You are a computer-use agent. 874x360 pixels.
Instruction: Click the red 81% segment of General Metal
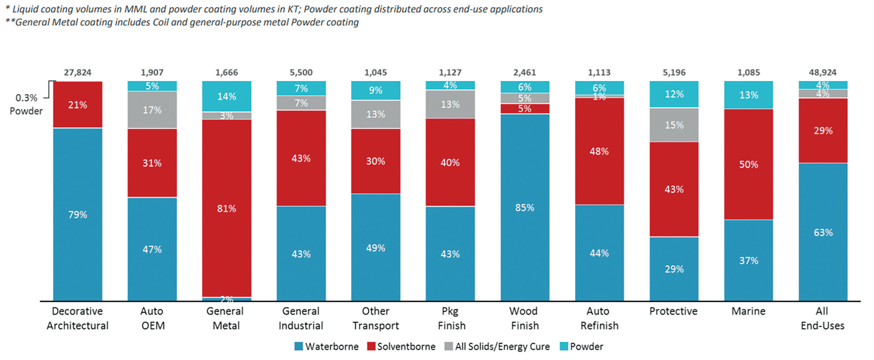pos(227,208)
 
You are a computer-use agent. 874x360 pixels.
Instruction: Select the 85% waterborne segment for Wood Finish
pos(524,207)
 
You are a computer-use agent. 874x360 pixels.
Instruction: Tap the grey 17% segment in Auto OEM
pos(152,110)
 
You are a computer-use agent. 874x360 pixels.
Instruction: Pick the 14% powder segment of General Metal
pos(227,96)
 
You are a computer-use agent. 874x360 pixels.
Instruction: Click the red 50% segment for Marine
pos(748,164)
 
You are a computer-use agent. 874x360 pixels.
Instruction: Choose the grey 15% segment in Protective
pos(674,125)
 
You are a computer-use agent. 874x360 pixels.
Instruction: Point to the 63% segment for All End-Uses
pos(823,232)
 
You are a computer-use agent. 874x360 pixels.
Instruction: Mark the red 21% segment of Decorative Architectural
pos(77,104)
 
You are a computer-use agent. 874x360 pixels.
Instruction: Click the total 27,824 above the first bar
pos(77,72)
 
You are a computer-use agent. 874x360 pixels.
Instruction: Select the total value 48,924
pos(822,72)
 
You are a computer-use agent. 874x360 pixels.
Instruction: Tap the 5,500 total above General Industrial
pos(301,72)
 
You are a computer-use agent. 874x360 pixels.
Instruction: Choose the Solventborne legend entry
pos(401,347)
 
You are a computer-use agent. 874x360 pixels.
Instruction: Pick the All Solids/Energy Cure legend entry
pos(497,347)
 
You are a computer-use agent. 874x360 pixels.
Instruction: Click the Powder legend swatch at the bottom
pos(564,347)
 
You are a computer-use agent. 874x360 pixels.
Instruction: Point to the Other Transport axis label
pos(376,318)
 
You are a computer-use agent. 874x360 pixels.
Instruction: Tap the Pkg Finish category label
pos(450,318)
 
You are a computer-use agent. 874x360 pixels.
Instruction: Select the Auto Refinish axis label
pos(599,318)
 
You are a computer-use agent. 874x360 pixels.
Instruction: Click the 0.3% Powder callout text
pos(26,104)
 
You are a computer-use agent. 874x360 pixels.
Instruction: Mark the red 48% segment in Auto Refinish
pos(599,151)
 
